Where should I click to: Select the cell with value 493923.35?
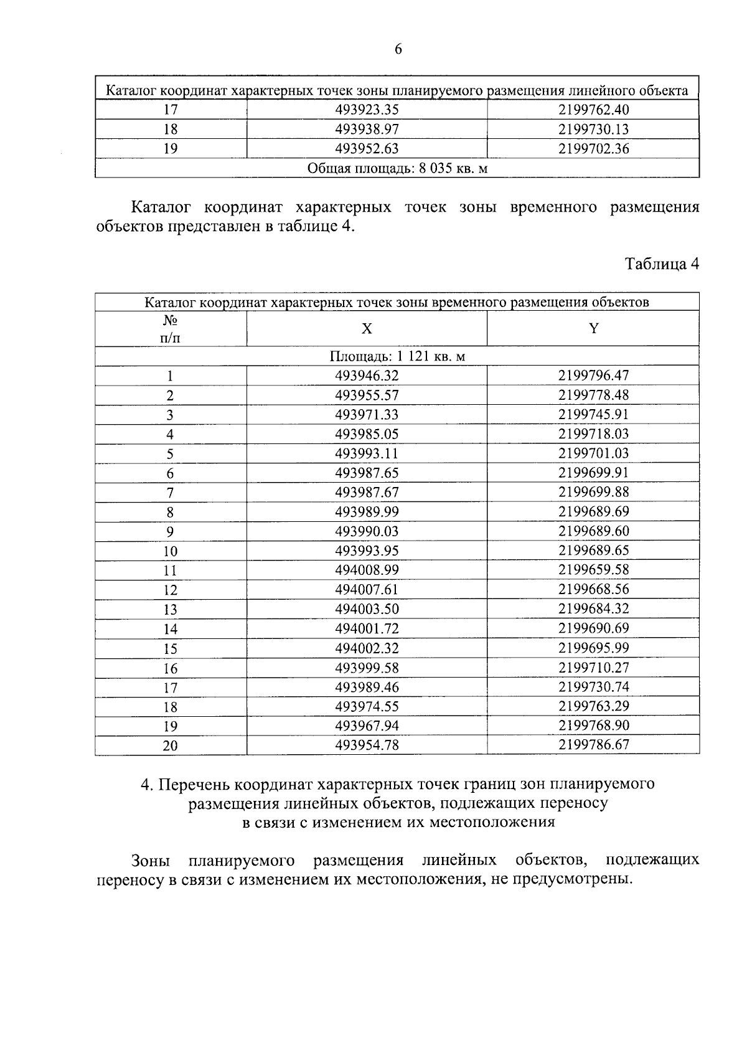[367, 110]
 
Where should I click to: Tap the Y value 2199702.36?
[593, 149]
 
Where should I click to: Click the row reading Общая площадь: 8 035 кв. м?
[397, 168]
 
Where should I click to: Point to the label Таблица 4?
[662, 264]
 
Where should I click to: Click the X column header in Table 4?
[367, 329]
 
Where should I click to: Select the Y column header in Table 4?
[593, 329]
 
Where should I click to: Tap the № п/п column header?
[170, 329]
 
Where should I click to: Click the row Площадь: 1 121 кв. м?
[397, 356]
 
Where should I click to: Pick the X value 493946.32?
[367, 376]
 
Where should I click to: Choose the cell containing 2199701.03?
[593, 453]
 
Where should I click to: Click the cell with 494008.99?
[367, 570]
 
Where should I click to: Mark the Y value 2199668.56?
[593, 589]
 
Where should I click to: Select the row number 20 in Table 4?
[170, 745]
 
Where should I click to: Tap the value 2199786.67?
[593, 745]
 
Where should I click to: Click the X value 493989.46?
[367, 687]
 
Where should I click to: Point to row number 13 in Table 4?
[170, 609]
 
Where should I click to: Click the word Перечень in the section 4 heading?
[195, 783]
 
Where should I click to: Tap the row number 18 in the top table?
[170, 130]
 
